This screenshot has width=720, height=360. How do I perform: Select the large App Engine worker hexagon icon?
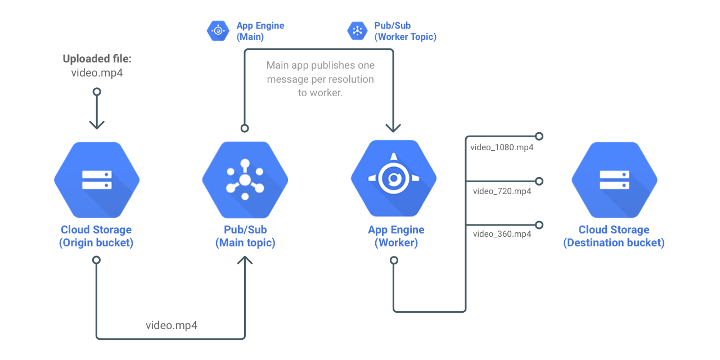(x=394, y=179)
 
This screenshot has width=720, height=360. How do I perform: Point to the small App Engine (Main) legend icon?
(x=218, y=31)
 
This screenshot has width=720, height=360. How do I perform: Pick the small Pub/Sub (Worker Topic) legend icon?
(x=357, y=31)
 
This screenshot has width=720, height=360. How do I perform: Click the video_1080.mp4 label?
(x=502, y=148)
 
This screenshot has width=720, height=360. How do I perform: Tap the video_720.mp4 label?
(x=502, y=191)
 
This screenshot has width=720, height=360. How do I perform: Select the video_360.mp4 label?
(x=502, y=234)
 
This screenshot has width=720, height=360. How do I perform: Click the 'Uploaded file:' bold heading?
(x=97, y=59)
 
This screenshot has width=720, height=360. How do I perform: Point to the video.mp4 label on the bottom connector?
(x=172, y=325)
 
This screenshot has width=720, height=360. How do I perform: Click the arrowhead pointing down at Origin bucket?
(x=97, y=124)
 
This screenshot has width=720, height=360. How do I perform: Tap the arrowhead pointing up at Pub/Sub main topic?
(x=245, y=262)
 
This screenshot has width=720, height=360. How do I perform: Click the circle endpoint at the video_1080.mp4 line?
(x=539, y=136)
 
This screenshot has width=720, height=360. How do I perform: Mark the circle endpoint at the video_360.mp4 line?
(x=539, y=225)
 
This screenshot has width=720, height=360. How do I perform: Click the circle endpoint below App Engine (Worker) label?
(x=394, y=260)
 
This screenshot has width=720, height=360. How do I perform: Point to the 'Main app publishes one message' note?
(x=320, y=79)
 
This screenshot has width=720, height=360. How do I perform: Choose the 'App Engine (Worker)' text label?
(x=396, y=236)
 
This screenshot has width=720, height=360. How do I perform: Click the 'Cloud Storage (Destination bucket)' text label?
(x=614, y=236)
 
